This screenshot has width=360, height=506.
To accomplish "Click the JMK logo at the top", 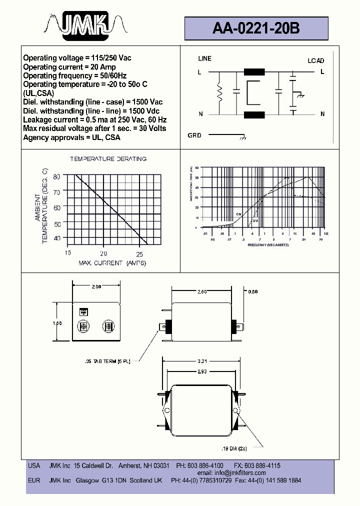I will click(x=82, y=25).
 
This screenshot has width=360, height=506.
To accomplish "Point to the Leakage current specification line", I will click(x=94, y=120).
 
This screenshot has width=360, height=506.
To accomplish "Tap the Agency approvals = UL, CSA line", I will click(x=71, y=137).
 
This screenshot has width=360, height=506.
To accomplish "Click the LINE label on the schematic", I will click(x=205, y=58).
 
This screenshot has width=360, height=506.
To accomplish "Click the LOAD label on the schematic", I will click(x=315, y=60).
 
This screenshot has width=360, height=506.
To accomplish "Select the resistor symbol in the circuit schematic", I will click(x=219, y=92).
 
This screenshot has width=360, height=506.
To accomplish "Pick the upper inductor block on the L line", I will click(x=254, y=72).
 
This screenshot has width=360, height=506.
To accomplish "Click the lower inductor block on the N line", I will click(x=254, y=114).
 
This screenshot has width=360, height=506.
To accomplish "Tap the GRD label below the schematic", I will click(x=194, y=135).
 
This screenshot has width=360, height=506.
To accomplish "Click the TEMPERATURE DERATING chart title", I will click(x=108, y=159).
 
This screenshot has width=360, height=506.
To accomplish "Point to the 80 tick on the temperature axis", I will click(x=56, y=176).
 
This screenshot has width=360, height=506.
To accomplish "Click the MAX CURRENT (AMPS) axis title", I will click(x=112, y=263).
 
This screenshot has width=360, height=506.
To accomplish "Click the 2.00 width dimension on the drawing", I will click(x=96, y=286).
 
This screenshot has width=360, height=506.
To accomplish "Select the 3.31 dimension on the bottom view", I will click(x=202, y=360).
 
